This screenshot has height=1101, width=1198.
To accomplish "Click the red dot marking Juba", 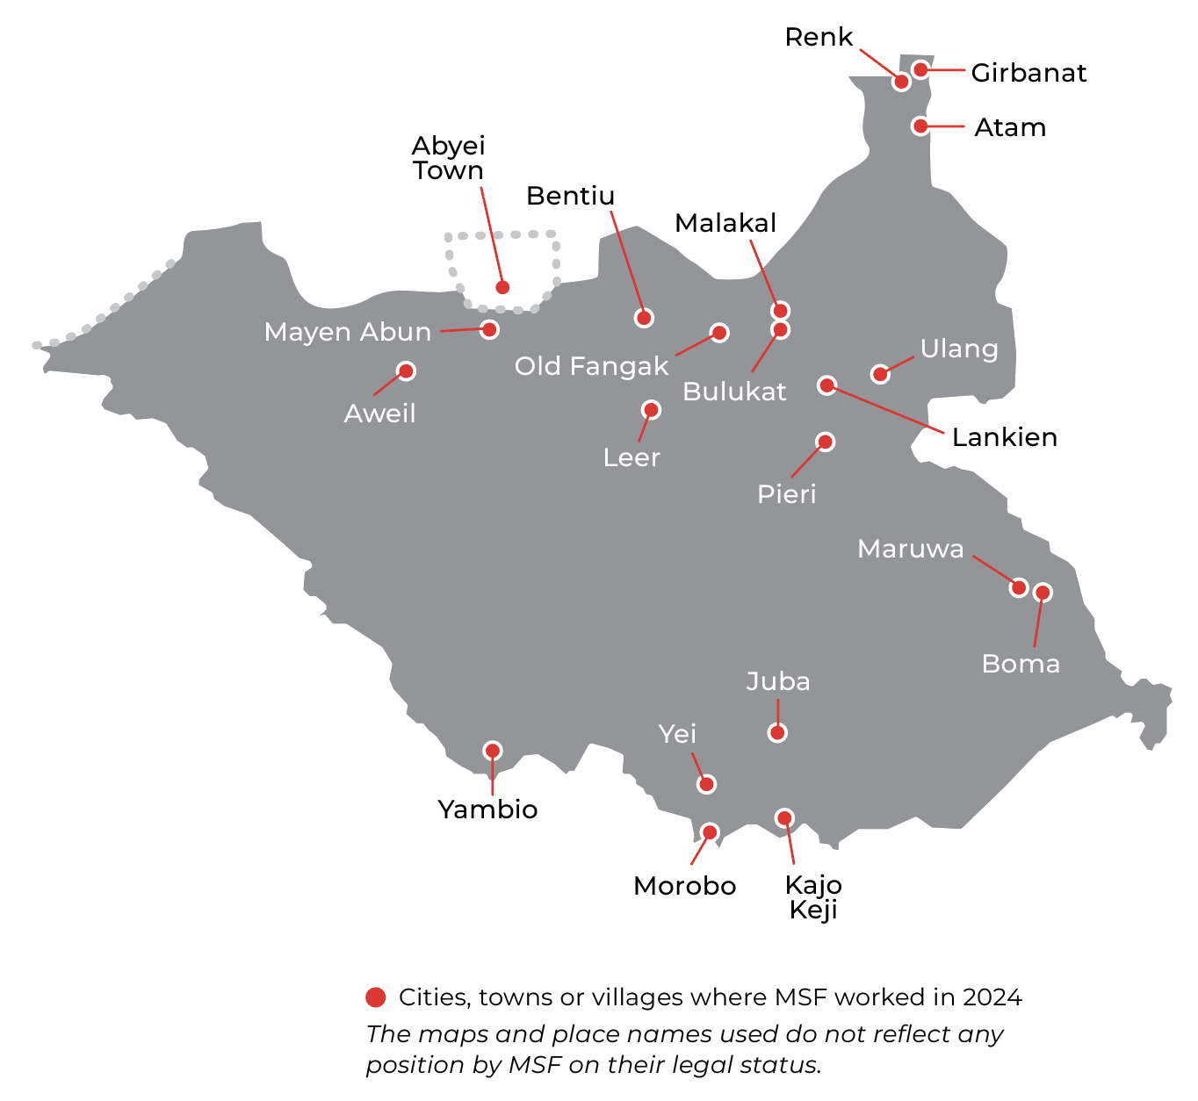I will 777,732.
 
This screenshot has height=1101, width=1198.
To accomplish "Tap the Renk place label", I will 819,37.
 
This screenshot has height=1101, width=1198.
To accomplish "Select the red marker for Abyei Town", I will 502,287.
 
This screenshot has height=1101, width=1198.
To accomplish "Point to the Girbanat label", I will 1028,73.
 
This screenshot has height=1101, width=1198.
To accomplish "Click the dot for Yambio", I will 493,751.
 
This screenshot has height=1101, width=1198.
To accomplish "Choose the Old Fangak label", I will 591,366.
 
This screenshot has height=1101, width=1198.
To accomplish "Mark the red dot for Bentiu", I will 644,318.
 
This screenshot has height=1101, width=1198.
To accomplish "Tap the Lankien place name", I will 1005,437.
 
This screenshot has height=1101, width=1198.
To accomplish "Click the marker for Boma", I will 1043,593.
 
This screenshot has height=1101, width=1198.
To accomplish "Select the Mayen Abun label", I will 348,332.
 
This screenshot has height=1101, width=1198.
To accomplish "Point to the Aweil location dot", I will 406,371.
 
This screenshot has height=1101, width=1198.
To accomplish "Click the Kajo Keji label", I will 813,897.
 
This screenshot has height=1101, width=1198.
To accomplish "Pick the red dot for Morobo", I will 711,831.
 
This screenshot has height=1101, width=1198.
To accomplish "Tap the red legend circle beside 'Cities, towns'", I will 376,997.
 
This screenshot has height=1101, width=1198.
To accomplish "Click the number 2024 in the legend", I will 992,997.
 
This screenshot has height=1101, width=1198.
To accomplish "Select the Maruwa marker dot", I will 1019,587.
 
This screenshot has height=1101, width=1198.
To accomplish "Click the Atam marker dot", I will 920,126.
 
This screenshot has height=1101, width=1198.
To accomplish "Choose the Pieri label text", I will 787,494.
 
